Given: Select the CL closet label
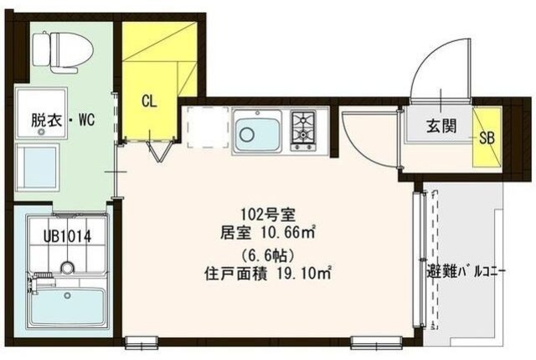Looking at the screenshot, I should point(149,102).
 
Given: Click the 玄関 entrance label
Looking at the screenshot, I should point(440,126).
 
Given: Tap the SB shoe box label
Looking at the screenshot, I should point(486,139).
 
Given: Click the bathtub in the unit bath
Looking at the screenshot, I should point(67,306).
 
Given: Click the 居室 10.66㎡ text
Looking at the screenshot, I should point(261,231).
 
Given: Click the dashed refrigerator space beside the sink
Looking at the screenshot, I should point(204,130).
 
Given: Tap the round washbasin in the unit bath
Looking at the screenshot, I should point(67,269).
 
